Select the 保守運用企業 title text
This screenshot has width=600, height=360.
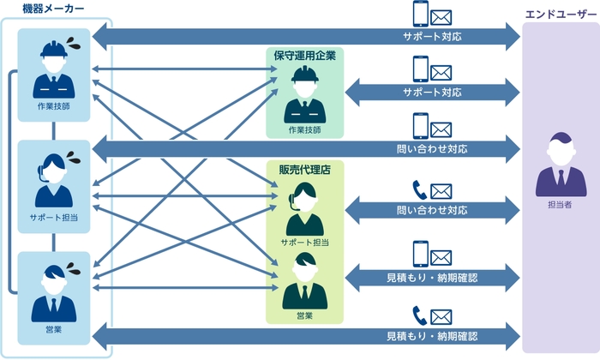304,55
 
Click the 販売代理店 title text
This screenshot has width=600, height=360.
304,169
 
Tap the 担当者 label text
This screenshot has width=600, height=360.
561,207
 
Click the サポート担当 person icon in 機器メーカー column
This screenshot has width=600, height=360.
53,178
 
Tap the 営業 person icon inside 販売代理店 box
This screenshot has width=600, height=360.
304,282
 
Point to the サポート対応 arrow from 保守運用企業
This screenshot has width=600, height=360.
433,92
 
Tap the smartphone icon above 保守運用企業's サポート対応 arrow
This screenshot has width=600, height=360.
421,69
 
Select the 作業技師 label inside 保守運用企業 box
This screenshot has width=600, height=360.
304,129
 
